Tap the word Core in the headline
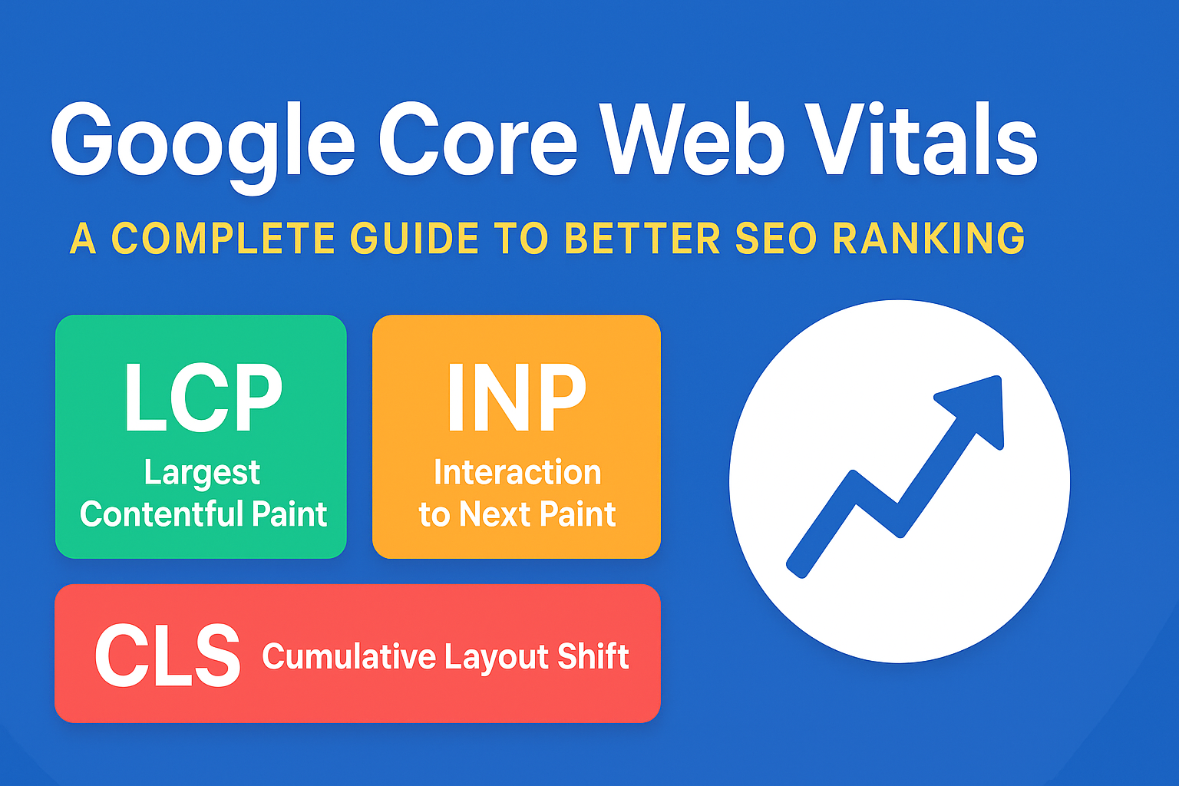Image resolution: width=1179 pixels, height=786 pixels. tap(477, 143)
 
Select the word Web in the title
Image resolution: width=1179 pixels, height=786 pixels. tap(692, 141)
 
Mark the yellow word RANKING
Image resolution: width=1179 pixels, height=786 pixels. tap(929, 239)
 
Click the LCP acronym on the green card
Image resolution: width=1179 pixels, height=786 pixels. tap(203, 398)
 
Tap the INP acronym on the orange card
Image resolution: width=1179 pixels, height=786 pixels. tap(517, 398)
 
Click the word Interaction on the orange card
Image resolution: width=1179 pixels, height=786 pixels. tap(517, 473)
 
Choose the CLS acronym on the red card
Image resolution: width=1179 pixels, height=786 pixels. tap(167, 656)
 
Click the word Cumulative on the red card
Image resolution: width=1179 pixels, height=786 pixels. tap(349, 657)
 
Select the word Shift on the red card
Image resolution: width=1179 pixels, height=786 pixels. tap(593, 657)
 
